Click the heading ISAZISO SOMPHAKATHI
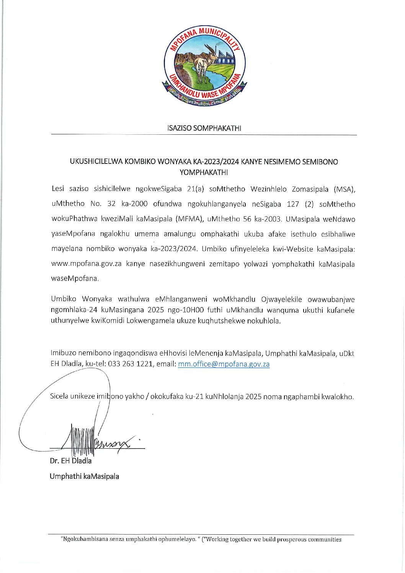point(204,128)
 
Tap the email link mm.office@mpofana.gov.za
point(224,364)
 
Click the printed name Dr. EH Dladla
point(70,461)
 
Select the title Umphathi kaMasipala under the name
point(84,477)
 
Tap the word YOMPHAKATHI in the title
point(204,172)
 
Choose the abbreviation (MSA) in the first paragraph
point(344,189)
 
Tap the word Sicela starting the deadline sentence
point(59,397)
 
